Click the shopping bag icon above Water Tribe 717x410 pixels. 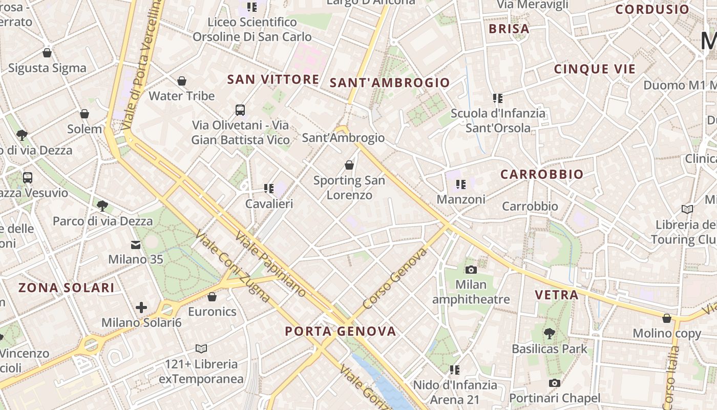click(181, 81)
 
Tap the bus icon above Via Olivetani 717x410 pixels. click(240, 110)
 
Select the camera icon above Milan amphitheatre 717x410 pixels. click(471, 270)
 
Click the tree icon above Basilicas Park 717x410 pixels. click(550, 334)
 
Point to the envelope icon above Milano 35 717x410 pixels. click(136, 245)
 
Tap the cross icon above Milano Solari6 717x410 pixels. click(141, 307)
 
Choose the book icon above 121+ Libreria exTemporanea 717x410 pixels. click(201, 349)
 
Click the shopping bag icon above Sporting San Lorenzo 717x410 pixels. click(349, 165)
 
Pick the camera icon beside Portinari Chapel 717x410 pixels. click(554, 383)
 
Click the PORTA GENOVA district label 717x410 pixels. click(341, 331)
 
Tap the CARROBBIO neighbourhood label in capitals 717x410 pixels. click(542, 174)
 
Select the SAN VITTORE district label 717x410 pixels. click(273, 79)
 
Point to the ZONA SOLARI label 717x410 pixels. click(67, 288)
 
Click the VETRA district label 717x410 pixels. click(557, 295)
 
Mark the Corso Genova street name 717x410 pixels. click(394, 278)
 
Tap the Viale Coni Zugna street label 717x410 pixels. click(233, 266)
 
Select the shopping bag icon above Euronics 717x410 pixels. click(212, 297)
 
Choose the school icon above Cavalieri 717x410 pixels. click(269, 189)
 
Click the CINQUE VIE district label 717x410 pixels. click(595, 69)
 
